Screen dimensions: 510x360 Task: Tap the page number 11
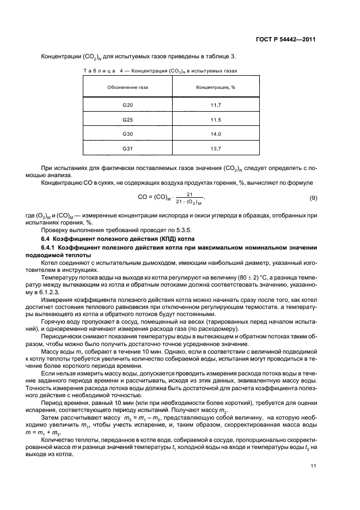coord(313,466)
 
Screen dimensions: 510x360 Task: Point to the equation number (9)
coord(313,197)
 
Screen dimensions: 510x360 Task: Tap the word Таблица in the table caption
coord(98,71)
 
